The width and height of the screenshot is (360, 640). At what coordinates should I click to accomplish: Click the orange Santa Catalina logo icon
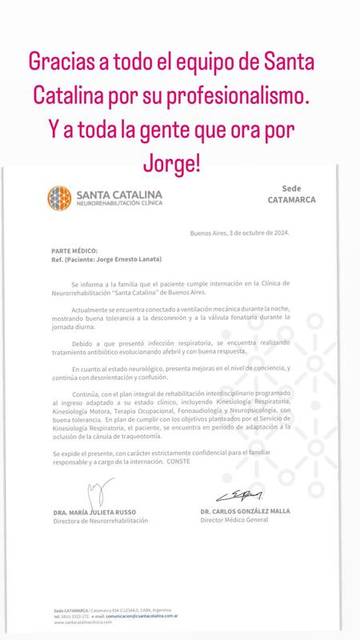(60, 197)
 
